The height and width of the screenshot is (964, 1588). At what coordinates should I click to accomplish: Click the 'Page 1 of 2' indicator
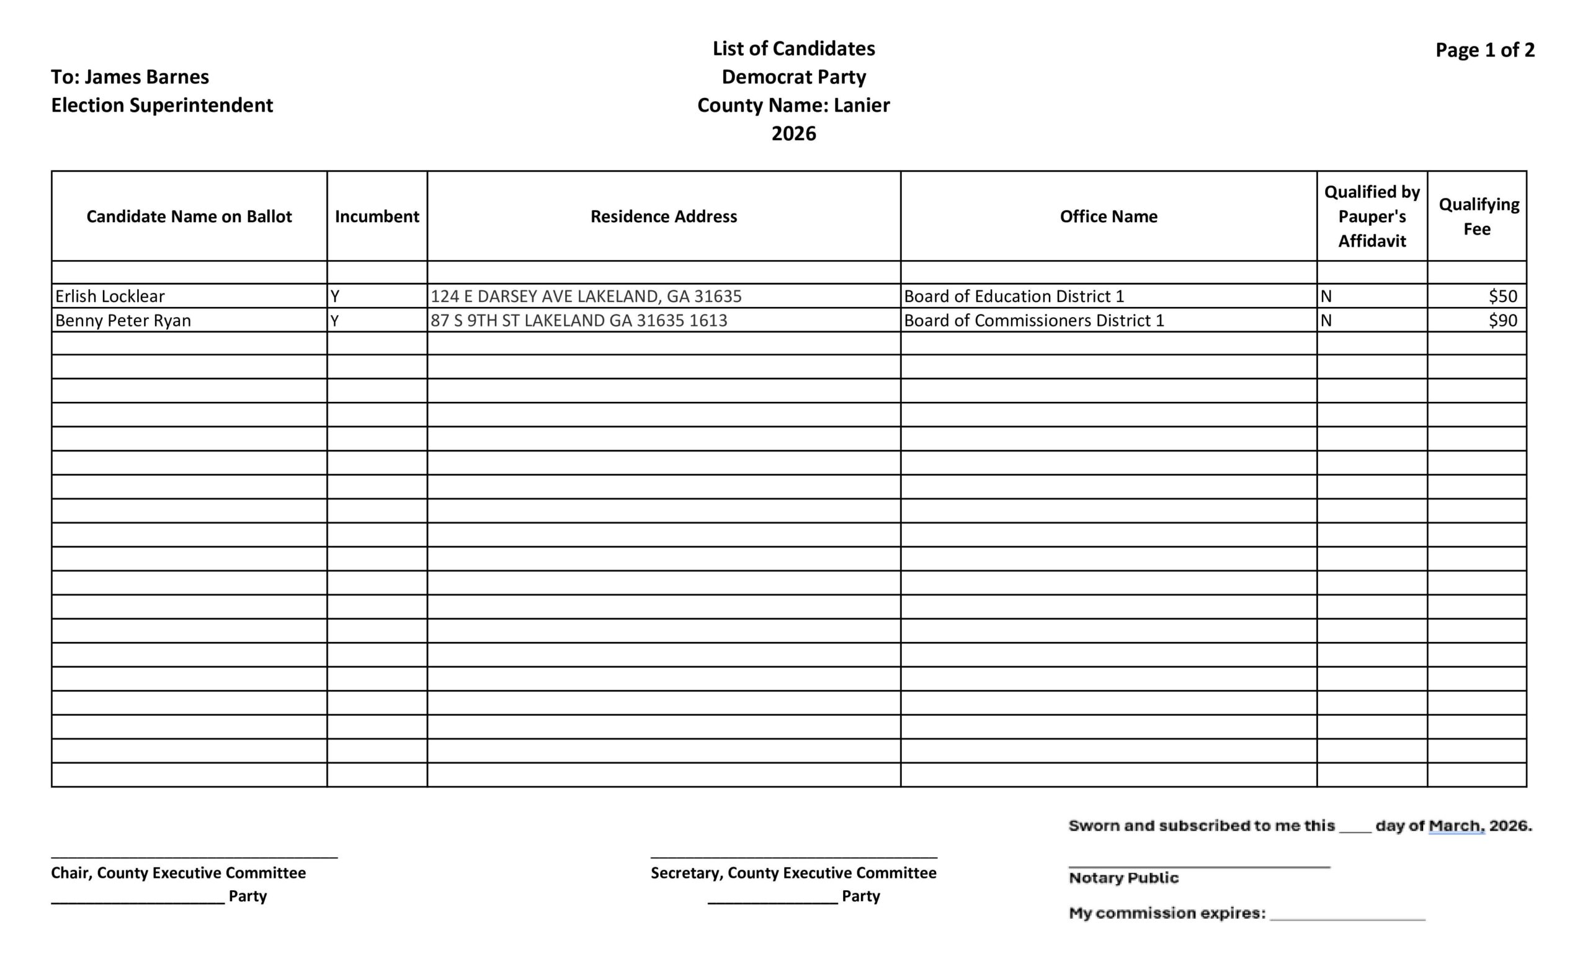click(x=1484, y=50)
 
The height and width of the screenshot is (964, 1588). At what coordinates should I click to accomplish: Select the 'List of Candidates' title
click(x=793, y=48)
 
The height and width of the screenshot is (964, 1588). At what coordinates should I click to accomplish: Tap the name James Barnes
click(x=147, y=77)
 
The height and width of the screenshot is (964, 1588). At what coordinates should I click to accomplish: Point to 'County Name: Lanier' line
click(x=793, y=105)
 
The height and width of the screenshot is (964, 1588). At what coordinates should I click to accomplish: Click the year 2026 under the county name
click(x=793, y=133)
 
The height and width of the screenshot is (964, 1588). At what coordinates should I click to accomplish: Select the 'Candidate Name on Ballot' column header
click(x=189, y=216)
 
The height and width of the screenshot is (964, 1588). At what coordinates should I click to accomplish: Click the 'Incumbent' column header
click(x=377, y=216)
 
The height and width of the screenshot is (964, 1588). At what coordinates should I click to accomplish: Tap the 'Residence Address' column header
click(x=664, y=216)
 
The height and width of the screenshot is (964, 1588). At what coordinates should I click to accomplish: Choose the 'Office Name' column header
click(x=1108, y=216)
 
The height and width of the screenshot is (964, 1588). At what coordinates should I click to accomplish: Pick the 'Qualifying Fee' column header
click(x=1478, y=216)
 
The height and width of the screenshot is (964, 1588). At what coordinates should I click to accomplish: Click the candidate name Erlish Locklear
click(x=110, y=297)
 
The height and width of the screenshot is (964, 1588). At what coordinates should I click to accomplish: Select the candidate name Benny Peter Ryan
click(x=123, y=321)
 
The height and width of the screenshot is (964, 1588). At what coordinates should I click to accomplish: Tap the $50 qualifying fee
click(x=1503, y=297)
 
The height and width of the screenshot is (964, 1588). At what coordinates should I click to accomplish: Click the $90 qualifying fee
click(x=1503, y=321)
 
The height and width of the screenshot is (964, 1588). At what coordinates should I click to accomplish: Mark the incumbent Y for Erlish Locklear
click(x=335, y=297)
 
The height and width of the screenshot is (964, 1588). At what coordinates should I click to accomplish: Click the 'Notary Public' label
click(x=1123, y=878)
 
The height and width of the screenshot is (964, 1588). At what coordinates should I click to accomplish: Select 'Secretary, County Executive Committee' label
click(x=793, y=873)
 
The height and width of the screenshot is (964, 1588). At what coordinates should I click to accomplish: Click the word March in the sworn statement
click(x=1456, y=826)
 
